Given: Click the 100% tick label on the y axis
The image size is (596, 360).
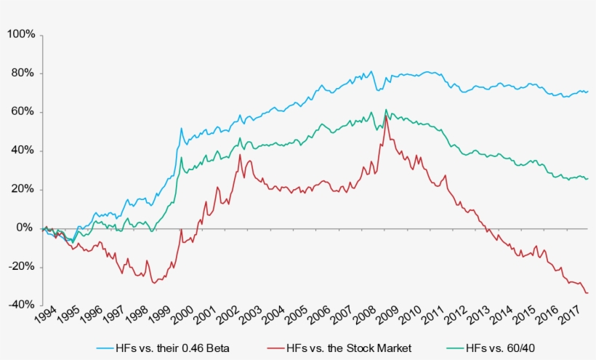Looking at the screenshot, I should click(20, 35).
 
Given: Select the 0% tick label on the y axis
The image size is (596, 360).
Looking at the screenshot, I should click(25, 228).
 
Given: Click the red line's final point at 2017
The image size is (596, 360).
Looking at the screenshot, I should click(587, 292).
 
